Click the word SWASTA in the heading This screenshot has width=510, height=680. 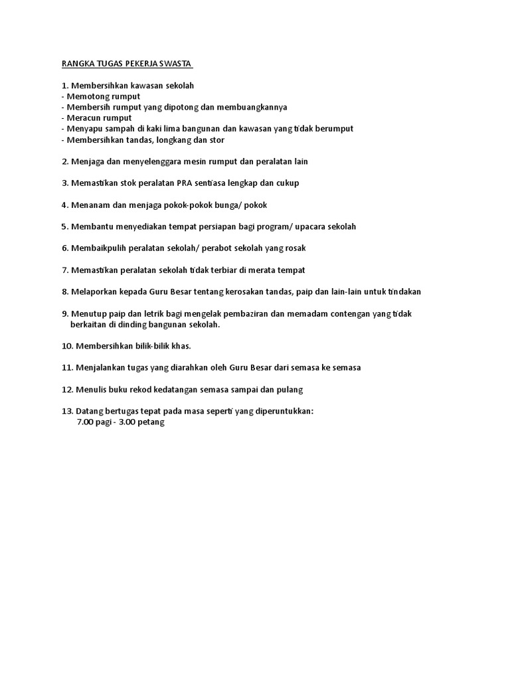[175, 64]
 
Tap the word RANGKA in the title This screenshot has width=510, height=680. [78, 64]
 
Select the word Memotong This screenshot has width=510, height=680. [91, 96]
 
